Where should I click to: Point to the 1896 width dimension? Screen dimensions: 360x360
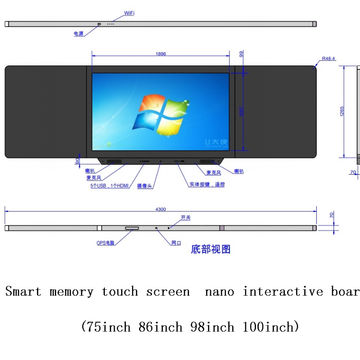[x=160, y=54]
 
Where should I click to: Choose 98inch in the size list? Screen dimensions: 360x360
[x=208, y=327]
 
